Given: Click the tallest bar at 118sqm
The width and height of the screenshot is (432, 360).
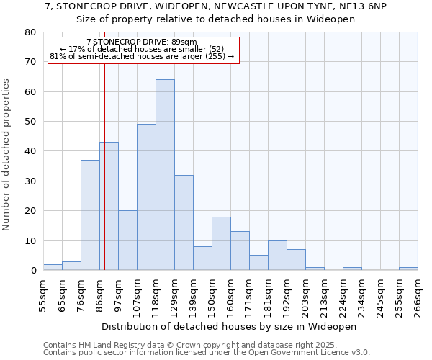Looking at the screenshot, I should pos(165,175).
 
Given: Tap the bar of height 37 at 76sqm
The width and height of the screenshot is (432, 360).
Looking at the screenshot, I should pos(90,215).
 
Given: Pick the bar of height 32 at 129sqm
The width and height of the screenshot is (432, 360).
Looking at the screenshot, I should pos(184,222).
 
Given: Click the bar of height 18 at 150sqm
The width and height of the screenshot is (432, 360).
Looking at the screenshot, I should pos(221,243).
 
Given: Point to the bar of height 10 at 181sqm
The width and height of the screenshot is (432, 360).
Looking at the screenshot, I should pos(277,256).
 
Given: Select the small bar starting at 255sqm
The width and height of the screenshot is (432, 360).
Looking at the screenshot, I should pos(408,269).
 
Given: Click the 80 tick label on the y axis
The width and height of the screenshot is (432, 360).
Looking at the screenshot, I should pos(30,32).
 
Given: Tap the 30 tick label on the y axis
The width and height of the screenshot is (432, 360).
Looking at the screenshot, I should pos(30,181).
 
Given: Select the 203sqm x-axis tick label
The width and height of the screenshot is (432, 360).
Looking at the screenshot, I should pos(305,295).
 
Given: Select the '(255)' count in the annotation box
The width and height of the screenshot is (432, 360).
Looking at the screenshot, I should pos(215,56).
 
